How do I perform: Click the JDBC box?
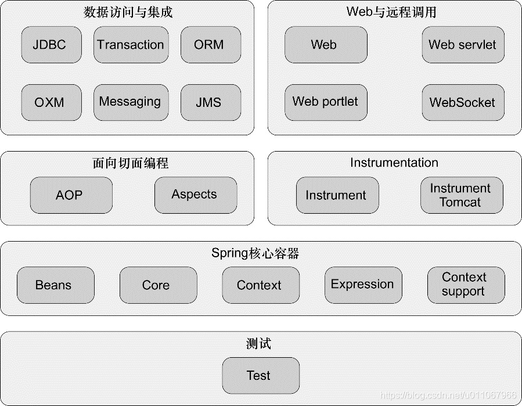(51, 45)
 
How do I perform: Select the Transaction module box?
(131, 45)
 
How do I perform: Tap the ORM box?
(209, 45)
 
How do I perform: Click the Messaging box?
(131, 102)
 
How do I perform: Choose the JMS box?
(209, 102)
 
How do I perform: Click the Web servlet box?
(462, 45)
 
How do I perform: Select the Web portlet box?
(325, 102)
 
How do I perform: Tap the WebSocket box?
(462, 102)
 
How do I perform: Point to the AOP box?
(71, 195)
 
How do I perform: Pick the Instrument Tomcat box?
(461, 195)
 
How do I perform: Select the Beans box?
(55, 285)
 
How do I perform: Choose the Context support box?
(465, 285)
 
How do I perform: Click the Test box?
(260, 375)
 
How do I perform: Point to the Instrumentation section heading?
(394, 163)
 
